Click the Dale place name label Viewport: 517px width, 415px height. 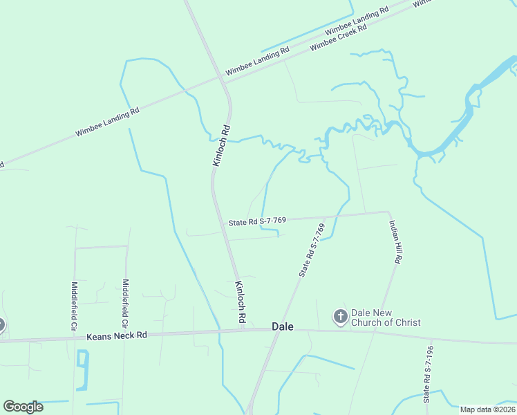pos(283,326)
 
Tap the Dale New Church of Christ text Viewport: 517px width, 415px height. pos(386,317)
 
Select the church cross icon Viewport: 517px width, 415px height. pos(340,317)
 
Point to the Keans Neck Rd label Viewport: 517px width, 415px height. pos(117,336)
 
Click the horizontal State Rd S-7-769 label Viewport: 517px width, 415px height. pos(257,221)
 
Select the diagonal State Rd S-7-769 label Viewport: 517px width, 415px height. pos(312,250)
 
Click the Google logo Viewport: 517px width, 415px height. pos(23,407)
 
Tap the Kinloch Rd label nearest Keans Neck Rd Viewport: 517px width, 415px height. pos(241,303)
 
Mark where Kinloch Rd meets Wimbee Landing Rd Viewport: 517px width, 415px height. pos(223,82)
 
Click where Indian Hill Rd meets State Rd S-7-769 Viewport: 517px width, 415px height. pos(388,212)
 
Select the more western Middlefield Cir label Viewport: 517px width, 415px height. pos(75,304)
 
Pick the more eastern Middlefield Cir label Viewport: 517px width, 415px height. pos(125,303)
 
